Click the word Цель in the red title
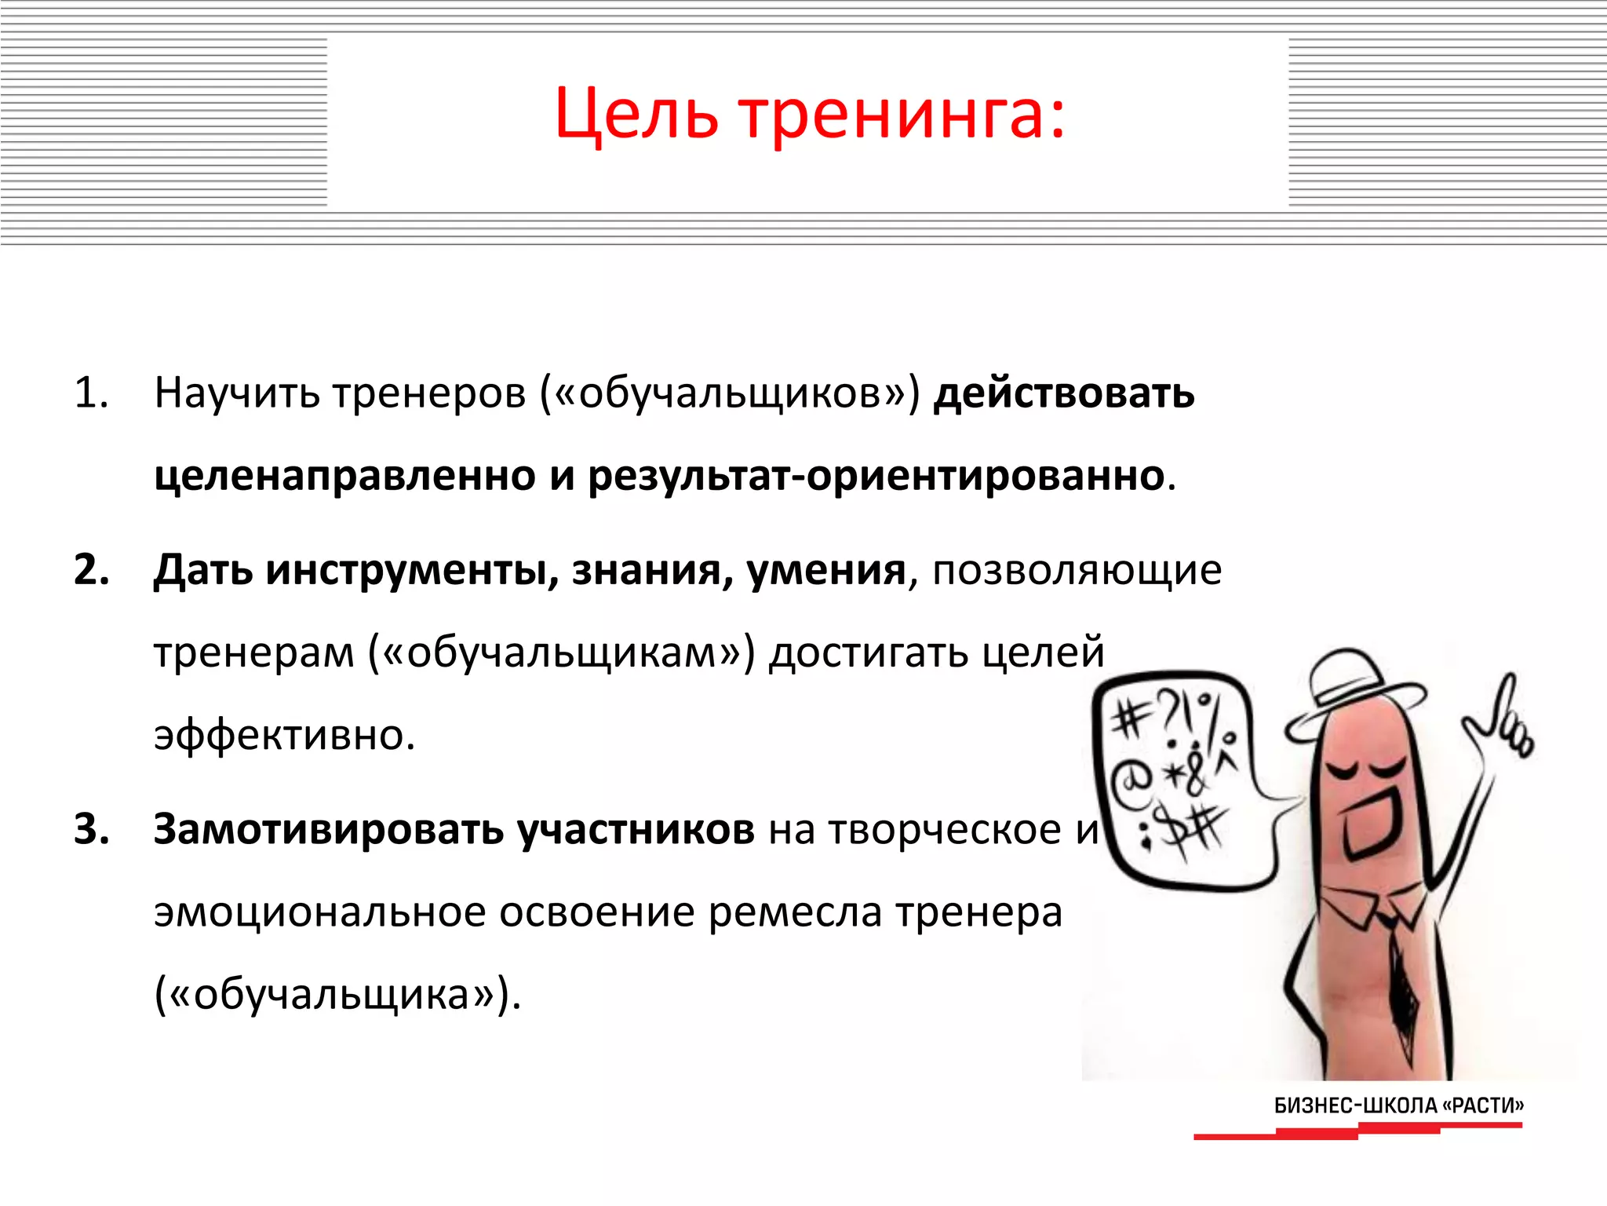click(x=636, y=115)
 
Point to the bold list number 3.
click(x=91, y=829)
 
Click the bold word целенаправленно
click(x=344, y=476)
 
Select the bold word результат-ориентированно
click(x=876, y=476)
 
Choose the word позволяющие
click(x=1077, y=572)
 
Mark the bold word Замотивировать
click(x=328, y=829)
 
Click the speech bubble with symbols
click(x=1177, y=777)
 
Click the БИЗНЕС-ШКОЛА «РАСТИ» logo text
click(x=1398, y=1105)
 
